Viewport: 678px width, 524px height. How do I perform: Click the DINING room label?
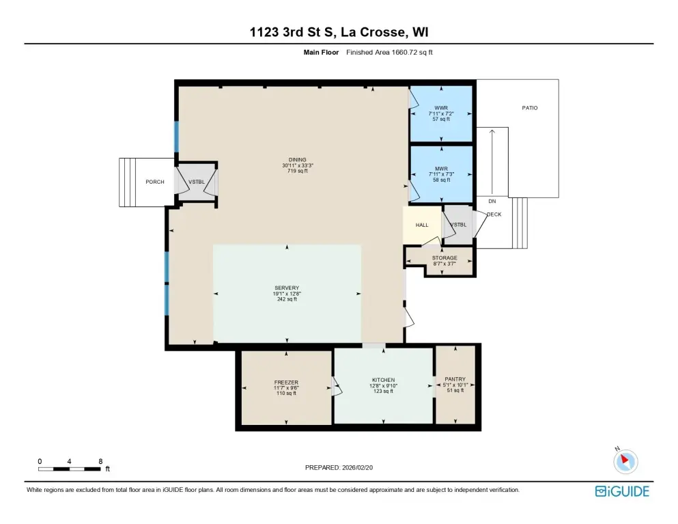click(298, 160)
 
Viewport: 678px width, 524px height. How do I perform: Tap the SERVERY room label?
click(287, 288)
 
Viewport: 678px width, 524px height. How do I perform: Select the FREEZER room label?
click(286, 383)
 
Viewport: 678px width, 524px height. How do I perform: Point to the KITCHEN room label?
click(383, 380)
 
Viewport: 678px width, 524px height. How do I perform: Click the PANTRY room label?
click(455, 379)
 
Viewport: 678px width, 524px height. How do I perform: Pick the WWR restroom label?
click(441, 108)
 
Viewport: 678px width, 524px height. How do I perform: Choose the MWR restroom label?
click(441, 169)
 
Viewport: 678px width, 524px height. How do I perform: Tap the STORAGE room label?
click(444, 258)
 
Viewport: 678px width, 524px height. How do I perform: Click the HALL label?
click(422, 225)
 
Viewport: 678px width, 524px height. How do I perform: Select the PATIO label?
click(530, 108)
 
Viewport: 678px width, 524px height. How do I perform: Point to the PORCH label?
click(155, 182)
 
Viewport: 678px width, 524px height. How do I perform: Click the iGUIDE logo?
click(622, 491)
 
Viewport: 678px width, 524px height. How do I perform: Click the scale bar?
click(69, 469)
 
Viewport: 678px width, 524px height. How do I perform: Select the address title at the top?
click(339, 32)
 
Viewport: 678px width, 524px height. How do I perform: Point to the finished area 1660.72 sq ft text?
click(389, 53)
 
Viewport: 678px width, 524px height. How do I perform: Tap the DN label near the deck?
click(492, 202)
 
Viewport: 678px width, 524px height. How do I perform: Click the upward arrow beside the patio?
click(492, 162)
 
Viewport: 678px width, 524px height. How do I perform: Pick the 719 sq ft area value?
click(298, 171)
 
